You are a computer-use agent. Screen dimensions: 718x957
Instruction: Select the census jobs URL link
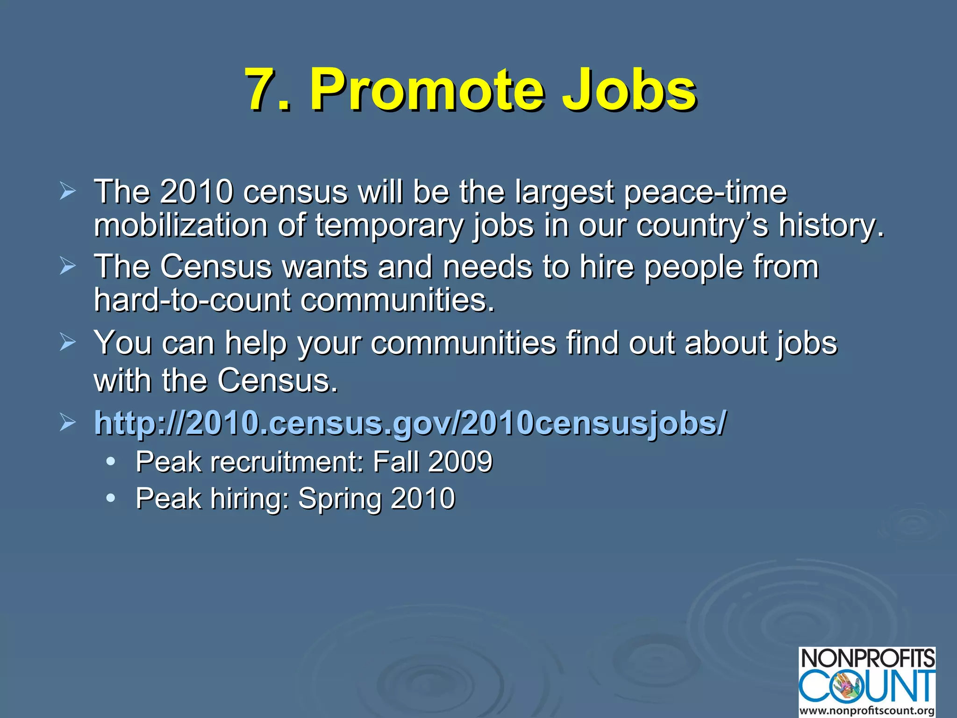410,423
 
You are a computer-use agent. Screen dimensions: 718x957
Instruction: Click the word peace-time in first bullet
706,192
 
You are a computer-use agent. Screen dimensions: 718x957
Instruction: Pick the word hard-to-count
192,300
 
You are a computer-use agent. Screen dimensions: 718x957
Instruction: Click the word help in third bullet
256,343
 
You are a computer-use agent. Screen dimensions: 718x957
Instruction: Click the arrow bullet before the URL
68,423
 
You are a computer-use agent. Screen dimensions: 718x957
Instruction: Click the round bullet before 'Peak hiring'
111,498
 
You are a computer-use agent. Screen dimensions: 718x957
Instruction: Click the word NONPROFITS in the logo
867,659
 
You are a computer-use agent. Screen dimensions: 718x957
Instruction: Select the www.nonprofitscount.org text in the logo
867,711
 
